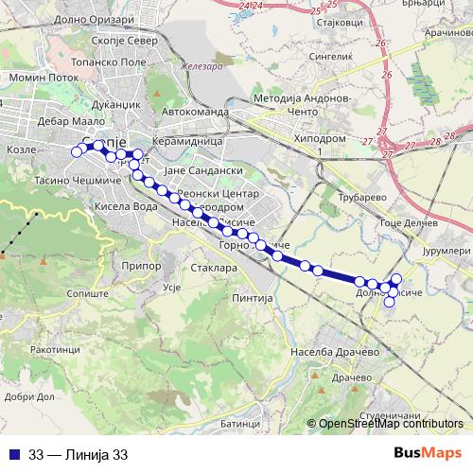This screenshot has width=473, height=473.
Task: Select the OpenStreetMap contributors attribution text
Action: click(x=391, y=424)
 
